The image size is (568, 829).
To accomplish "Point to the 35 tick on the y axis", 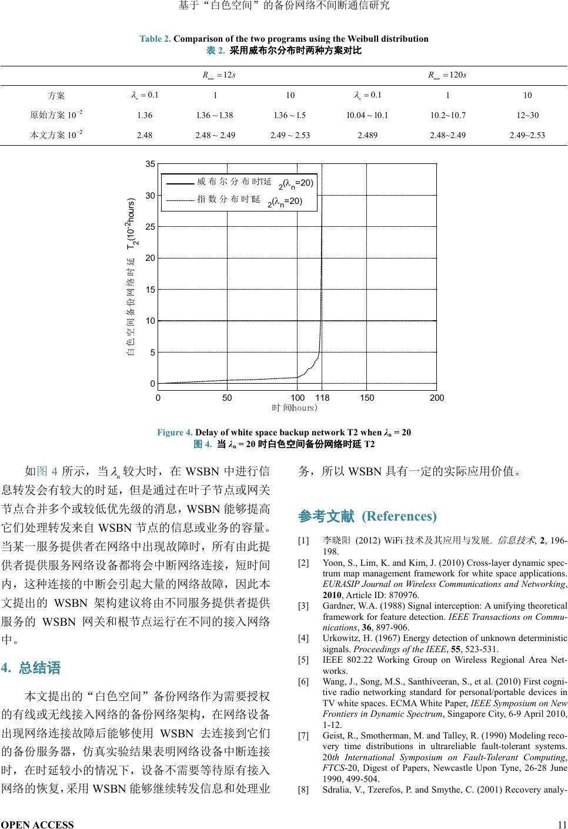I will [151, 163].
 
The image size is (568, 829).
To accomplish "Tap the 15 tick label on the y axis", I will [151, 289].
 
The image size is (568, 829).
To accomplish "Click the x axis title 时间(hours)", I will [295, 407].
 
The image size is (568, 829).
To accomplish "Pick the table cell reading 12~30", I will [527, 115].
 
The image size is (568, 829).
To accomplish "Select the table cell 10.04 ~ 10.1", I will [367, 115].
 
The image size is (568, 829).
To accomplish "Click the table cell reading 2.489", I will [367, 135].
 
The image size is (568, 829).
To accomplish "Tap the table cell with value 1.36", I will [144, 115].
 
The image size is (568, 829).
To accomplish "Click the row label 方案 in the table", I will [56, 96].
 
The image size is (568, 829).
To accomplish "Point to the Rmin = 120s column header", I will [447, 75].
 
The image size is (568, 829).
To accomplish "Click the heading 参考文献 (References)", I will [367, 516].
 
